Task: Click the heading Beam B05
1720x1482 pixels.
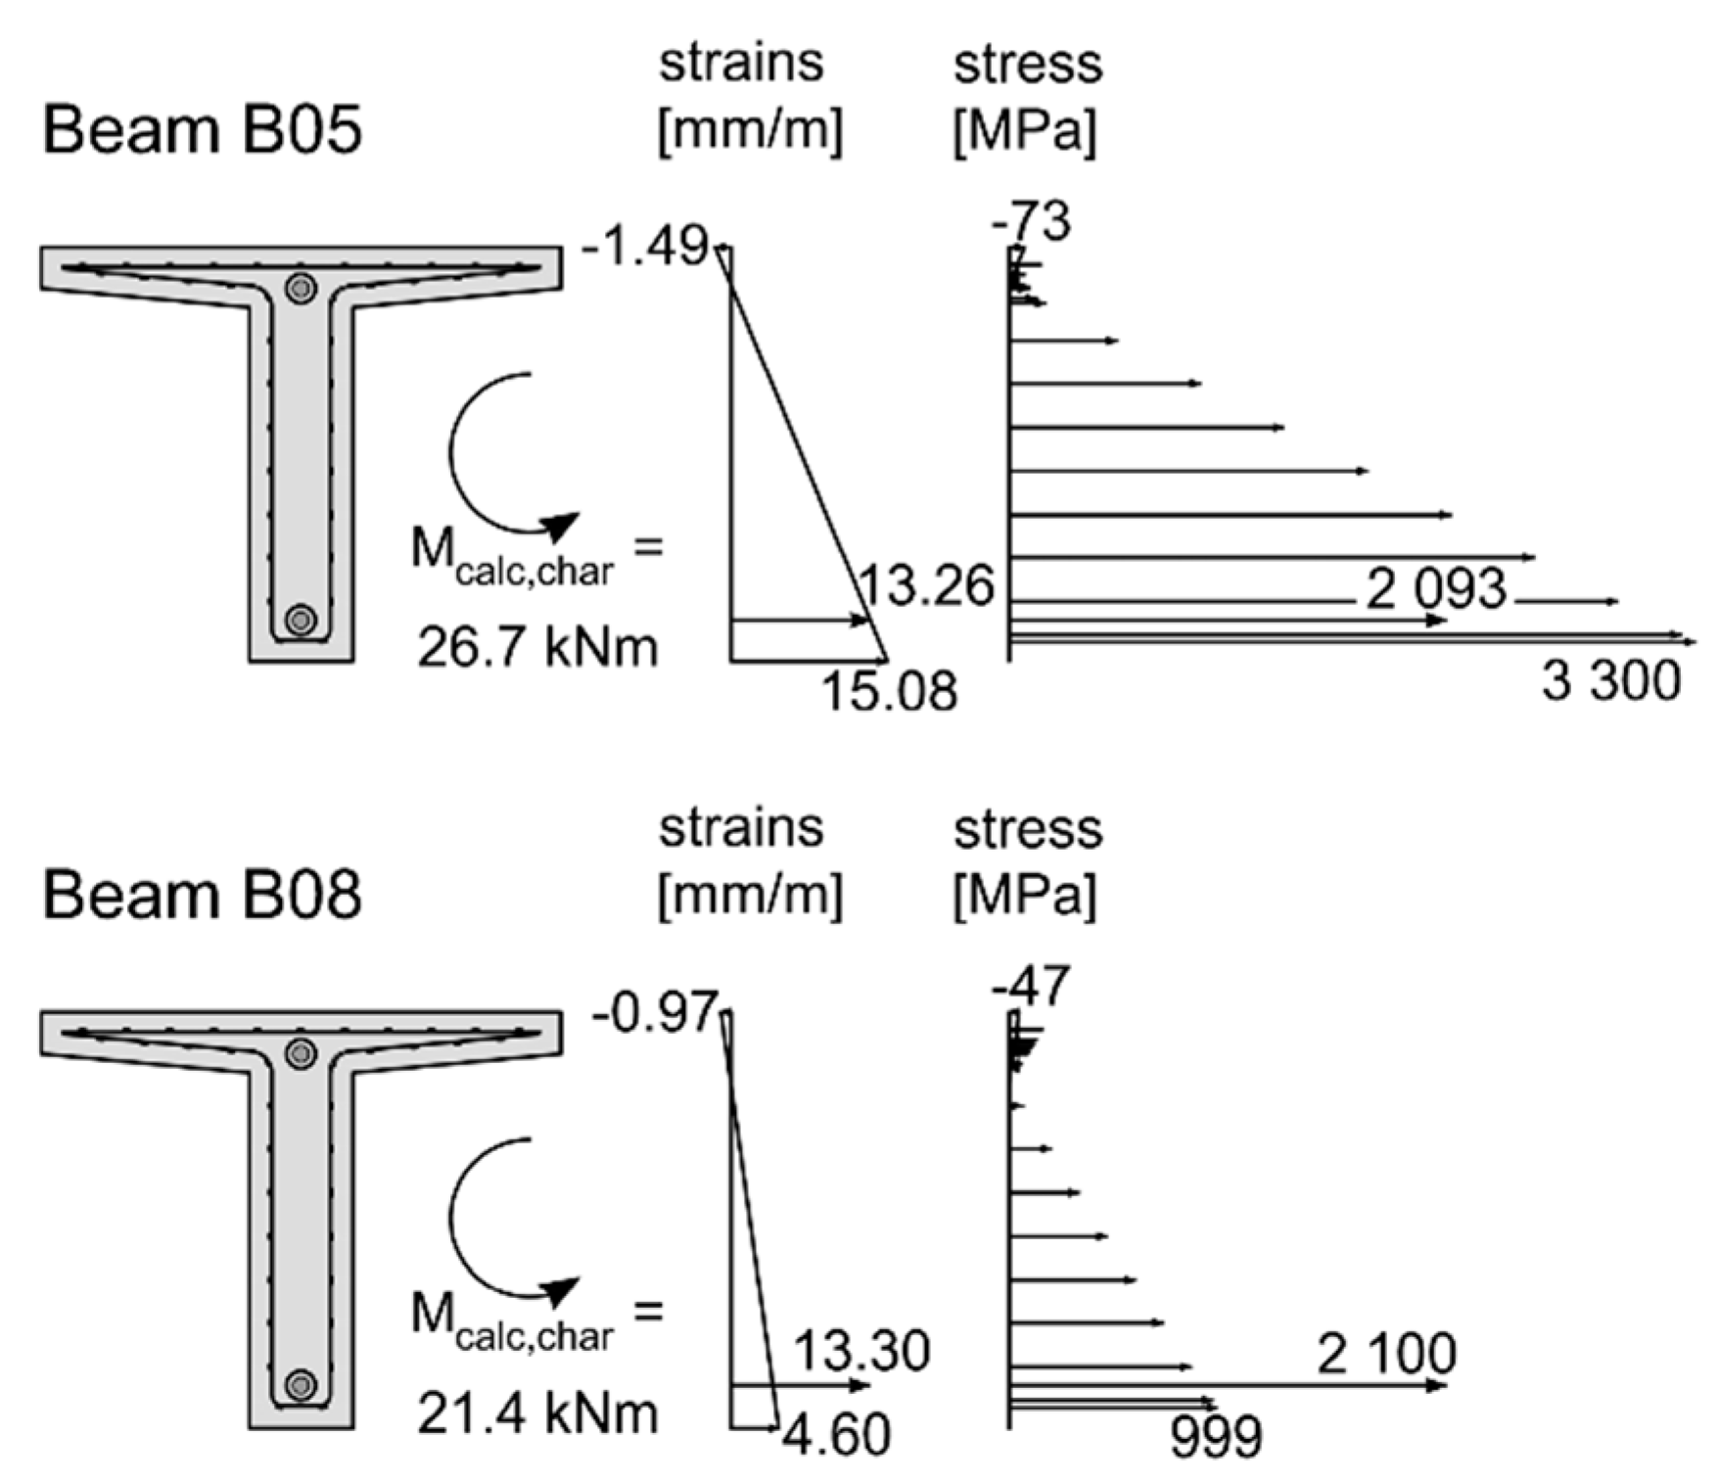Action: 202,129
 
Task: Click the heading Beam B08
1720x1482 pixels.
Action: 202,895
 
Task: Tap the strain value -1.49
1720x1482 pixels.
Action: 643,246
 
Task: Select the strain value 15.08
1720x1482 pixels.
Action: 889,691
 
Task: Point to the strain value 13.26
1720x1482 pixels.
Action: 926,586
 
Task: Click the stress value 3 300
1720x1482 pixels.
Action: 1611,680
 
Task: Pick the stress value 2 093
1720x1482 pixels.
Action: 1436,589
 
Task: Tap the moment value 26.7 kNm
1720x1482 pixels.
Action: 537,647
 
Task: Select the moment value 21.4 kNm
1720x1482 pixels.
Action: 537,1413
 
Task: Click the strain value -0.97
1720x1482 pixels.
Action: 653,1013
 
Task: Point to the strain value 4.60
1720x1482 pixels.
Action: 837,1435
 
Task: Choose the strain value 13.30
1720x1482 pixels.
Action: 860,1352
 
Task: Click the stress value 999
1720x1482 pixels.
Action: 1216,1438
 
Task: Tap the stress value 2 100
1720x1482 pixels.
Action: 1386,1355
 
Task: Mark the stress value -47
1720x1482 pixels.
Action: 1031,987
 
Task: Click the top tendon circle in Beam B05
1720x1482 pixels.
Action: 301,288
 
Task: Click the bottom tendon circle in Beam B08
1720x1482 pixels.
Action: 301,1385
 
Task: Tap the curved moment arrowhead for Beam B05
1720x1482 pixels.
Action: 560,527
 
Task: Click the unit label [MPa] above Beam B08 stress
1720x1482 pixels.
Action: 1025,895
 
